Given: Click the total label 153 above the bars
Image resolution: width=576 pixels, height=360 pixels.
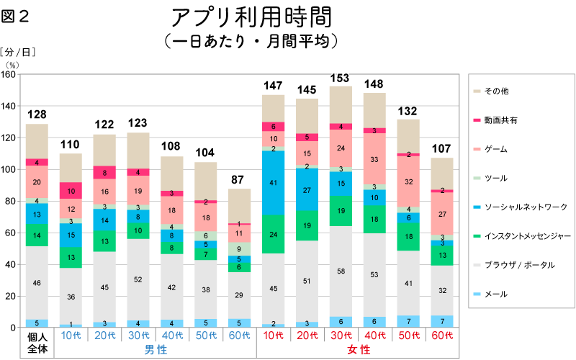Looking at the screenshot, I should point(340,78).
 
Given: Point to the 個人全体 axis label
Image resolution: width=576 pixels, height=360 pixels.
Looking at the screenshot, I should point(37,343).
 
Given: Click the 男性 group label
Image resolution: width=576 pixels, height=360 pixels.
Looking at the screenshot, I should point(155,350).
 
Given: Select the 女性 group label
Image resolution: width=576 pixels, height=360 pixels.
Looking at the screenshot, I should point(358,350).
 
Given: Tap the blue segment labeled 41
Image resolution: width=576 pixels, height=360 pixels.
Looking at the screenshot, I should point(273,183).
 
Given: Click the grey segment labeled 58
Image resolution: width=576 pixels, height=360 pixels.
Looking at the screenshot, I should point(340,271).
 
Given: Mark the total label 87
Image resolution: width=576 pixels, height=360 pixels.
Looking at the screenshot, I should point(240,179).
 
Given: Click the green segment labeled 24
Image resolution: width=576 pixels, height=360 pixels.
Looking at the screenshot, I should point(273,234).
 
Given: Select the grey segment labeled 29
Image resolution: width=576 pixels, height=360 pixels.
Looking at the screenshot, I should point(240,296).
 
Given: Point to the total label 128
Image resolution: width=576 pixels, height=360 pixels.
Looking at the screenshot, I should point(37,114).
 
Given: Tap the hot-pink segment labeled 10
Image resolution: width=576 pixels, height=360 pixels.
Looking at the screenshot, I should point(71,191).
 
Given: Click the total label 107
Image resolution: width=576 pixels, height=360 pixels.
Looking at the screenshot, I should point(441,149).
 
